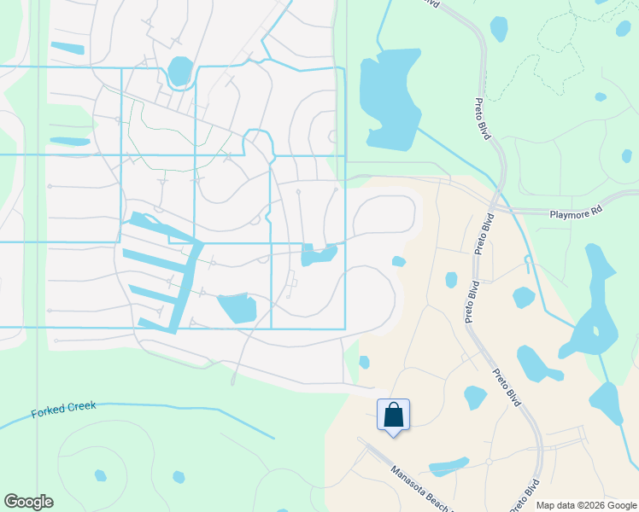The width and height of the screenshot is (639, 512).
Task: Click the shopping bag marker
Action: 393,416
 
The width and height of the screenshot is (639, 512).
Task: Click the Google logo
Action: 28,502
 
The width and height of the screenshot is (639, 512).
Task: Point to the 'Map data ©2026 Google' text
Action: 585,505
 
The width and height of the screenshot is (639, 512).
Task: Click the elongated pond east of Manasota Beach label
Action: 448,467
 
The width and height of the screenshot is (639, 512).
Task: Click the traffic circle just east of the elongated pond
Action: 488,462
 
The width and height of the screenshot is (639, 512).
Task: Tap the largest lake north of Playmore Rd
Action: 390,94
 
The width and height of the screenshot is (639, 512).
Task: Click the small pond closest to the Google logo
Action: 101,475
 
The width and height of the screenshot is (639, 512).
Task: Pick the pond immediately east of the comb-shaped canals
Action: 237,307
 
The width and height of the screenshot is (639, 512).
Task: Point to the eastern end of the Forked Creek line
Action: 273,439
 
